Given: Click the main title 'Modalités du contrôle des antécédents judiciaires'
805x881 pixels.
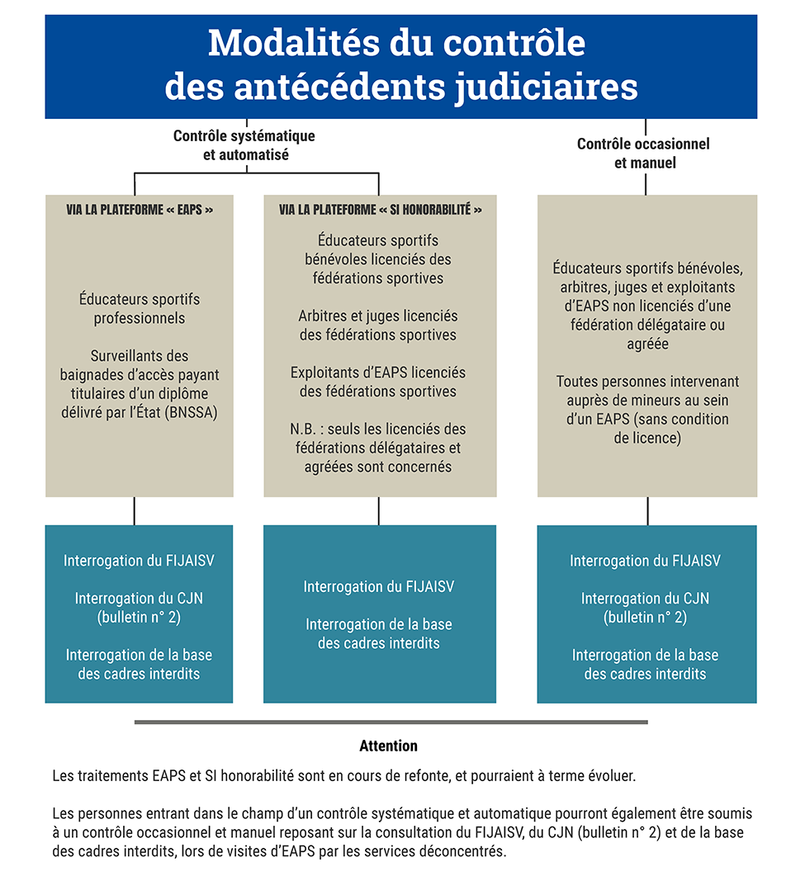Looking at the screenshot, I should pos(401,64).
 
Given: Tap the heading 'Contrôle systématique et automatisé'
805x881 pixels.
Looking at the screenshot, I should pos(244,145).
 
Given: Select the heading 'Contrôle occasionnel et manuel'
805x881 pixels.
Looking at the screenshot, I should pos(644,154).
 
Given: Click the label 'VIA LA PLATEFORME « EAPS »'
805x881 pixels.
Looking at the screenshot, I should pos(140,211).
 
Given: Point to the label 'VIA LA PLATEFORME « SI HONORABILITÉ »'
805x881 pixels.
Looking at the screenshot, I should pos(380,211).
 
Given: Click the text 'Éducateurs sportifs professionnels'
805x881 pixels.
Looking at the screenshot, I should pos(140,308).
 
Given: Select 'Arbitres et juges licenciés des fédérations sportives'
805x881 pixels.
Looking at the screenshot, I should pos(378,325).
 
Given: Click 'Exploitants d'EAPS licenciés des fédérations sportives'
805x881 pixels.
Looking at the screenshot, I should pos(378,381).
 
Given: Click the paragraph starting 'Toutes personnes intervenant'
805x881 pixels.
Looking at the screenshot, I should pos(647,410).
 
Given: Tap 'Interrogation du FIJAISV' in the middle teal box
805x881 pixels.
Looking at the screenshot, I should pos(379,587).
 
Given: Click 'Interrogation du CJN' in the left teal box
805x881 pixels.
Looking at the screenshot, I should pos(139,607).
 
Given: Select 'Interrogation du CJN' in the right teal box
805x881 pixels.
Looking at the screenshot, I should pos(645,607).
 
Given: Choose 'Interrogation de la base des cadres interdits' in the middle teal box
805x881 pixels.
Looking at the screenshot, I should pos(379,634).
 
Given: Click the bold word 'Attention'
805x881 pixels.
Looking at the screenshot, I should pos(388,746).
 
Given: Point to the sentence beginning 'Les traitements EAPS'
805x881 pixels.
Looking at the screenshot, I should pos(343,777).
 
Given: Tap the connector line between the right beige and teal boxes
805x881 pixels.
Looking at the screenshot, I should pos(647,510).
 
